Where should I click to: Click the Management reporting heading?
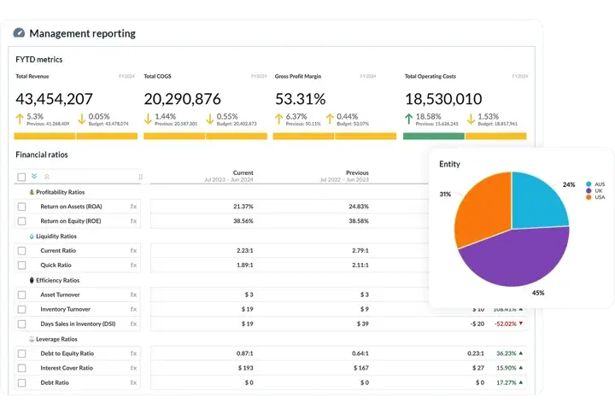point(82,33)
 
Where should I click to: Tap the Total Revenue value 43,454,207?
point(55,99)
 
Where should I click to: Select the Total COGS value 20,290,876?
point(183,99)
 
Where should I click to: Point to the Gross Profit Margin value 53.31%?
point(301,99)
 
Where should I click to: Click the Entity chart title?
point(449,164)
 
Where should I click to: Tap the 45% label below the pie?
point(538,293)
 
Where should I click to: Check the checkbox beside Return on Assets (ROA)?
point(22,207)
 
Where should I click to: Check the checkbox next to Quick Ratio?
point(22,265)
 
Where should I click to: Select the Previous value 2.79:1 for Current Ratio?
point(359,251)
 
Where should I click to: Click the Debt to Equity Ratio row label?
point(67,353)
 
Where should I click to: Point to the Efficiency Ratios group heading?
point(57,280)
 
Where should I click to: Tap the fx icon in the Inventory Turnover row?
point(133,309)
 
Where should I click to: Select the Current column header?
point(243,172)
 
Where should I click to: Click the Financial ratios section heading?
point(42,155)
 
